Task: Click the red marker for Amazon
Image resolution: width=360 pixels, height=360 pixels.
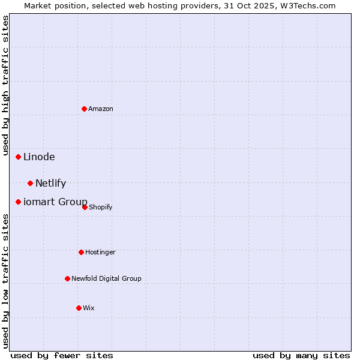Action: pos(85,109)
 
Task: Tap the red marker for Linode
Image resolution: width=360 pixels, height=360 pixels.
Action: pos(19,157)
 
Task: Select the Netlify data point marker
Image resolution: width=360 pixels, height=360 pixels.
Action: pos(31,183)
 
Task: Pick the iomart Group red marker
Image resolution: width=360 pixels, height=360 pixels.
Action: pos(19,202)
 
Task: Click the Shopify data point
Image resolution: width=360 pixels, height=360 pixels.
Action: pos(85,207)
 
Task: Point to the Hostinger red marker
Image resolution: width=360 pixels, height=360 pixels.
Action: pos(81,252)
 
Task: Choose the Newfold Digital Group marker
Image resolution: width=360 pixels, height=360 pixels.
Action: pos(67,278)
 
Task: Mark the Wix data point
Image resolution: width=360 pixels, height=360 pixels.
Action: pos(79,308)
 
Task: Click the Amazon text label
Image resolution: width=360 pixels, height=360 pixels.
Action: pos(101,109)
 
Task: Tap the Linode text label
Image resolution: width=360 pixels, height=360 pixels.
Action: pos(39,157)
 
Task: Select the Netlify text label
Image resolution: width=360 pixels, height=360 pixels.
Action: pos(50,184)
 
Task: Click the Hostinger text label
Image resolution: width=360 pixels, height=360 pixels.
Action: pos(100,252)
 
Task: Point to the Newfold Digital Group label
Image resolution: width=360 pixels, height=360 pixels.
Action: pos(106,278)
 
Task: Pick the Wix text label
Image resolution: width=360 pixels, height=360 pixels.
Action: pos(89,308)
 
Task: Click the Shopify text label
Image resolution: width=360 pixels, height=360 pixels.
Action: pos(101,208)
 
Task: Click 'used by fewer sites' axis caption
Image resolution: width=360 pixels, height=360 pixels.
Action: pos(62,355)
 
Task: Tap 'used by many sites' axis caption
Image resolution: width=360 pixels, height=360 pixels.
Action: pos(301,355)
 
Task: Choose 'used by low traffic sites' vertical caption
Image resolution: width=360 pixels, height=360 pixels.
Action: pos(5,281)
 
